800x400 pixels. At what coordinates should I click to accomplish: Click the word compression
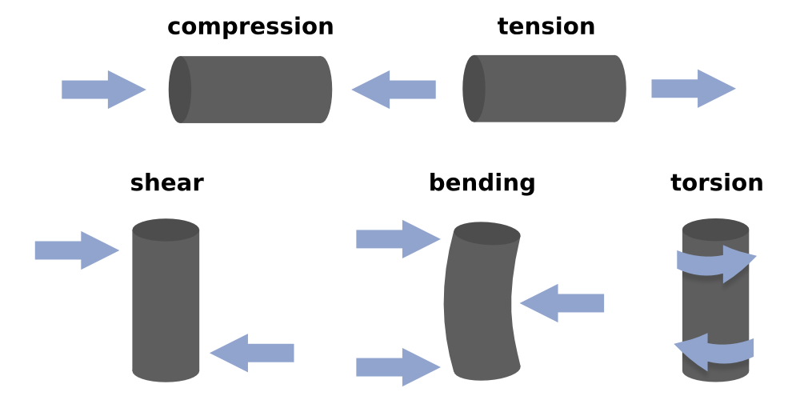click(x=250, y=26)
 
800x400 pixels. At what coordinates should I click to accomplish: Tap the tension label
click(x=546, y=26)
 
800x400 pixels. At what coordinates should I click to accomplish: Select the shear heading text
click(x=167, y=182)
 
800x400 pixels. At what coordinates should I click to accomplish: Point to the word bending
click(x=482, y=182)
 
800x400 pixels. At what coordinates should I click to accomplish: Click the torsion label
click(x=716, y=182)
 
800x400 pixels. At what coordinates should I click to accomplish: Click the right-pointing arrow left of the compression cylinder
click(x=103, y=90)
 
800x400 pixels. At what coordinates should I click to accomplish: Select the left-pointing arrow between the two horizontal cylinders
click(x=394, y=90)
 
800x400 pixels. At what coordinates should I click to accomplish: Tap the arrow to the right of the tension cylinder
click(x=694, y=89)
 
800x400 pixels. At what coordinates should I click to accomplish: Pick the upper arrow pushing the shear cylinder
click(x=77, y=250)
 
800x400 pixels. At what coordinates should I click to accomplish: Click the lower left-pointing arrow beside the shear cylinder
click(x=252, y=353)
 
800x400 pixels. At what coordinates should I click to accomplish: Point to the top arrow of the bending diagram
click(x=398, y=239)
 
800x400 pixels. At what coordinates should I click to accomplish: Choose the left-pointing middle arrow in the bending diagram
click(x=562, y=303)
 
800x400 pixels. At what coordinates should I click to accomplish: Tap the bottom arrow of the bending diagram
click(x=398, y=367)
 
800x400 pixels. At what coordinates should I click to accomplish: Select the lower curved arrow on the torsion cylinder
click(x=714, y=352)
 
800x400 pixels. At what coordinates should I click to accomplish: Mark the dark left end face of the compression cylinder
click(x=179, y=90)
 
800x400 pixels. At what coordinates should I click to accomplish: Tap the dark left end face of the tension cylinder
click(x=474, y=89)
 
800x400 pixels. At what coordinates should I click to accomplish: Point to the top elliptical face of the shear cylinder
click(x=166, y=230)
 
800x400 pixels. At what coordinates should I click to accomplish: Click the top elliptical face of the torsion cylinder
click(x=716, y=230)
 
